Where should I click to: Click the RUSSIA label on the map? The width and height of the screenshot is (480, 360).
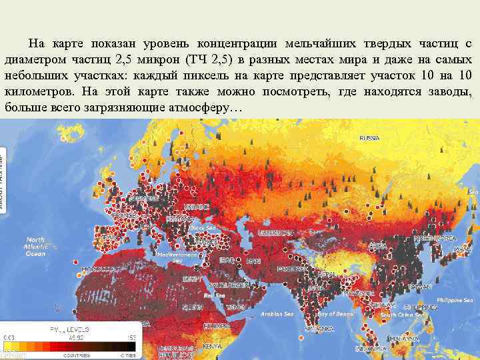pos(369,138)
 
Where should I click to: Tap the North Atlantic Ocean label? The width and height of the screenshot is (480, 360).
pos(35,246)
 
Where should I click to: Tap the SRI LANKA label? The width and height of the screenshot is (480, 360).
pos(318,329)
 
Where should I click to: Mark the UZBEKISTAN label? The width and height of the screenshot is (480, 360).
pos(275,233)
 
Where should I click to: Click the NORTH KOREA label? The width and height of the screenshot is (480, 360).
pos(434,238)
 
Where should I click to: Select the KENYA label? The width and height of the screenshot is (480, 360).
pos(213,346)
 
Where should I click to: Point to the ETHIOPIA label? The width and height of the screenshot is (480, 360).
pos(217,326)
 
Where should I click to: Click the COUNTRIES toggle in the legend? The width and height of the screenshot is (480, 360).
pos(77,355)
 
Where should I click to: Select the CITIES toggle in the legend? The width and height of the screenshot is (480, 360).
pos(127,355)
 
